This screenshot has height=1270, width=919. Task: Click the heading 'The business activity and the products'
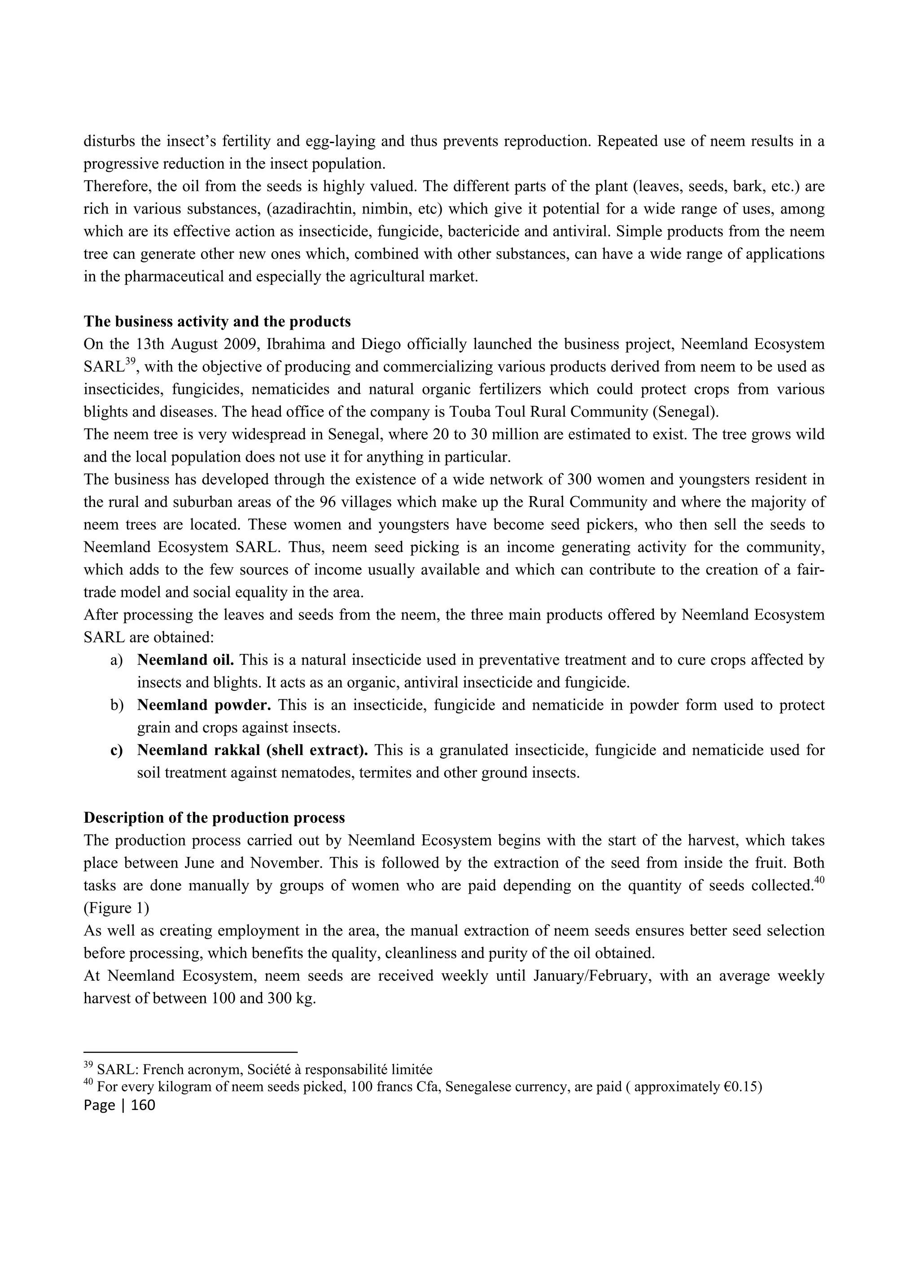[x=217, y=322]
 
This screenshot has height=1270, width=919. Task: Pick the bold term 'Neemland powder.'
[x=204, y=705]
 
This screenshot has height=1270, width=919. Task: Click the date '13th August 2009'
[x=187, y=345]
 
